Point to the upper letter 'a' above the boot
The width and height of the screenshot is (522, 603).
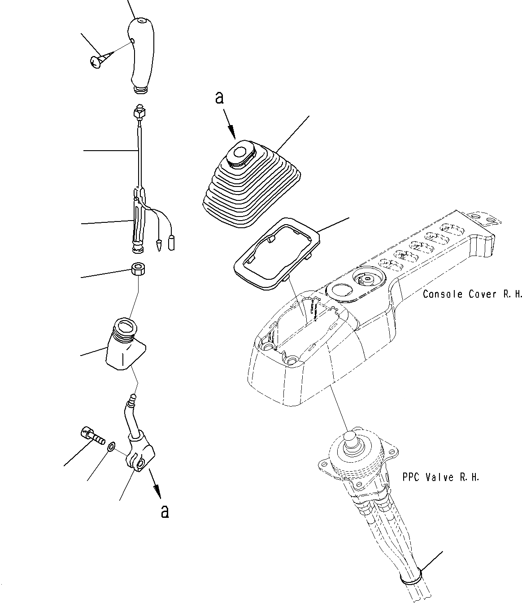click(219, 98)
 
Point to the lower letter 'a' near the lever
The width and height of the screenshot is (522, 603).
click(165, 511)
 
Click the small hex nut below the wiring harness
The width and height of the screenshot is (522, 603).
click(138, 270)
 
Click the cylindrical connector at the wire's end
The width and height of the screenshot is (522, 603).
click(171, 243)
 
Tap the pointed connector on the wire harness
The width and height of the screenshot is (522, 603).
click(158, 245)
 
